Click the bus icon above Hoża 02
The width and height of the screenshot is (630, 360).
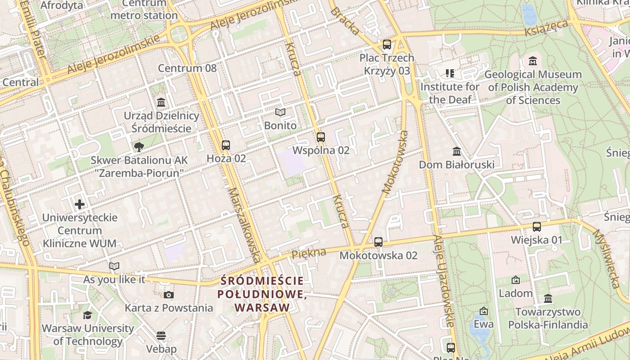tap(226, 145)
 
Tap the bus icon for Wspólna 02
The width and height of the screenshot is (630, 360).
tap(321, 137)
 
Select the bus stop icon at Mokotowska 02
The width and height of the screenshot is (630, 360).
tap(378, 242)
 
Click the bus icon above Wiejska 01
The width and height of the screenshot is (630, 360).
tap(536, 227)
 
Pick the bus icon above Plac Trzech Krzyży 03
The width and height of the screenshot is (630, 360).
tap(387, 45)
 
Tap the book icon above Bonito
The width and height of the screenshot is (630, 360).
tap(280, 112)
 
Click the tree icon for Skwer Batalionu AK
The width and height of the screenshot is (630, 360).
tap(139, 147)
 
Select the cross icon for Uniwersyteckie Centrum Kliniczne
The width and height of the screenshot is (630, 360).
tap(80, 204)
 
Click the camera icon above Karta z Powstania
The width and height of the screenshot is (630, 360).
tap(169, 295)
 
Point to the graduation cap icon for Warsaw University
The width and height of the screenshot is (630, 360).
tap(87, 315)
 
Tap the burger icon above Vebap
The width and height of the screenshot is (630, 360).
tap(161, 336)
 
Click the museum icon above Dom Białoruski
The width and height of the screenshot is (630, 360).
tap(457, 151)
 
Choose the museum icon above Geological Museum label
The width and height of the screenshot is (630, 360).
tap(533, 61)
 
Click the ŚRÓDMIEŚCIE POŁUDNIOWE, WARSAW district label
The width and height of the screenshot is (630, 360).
tap(262, 294)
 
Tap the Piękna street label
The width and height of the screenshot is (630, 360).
tap(309, 253)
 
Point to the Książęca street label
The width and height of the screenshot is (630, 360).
tap(546, 28)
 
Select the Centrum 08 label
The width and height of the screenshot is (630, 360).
tap(187, 68)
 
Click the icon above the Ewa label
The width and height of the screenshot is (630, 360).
tap(484, 311)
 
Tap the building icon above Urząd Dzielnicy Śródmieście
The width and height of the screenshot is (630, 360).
tap(161, 103)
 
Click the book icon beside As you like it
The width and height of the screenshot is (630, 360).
tap(114, 266)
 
